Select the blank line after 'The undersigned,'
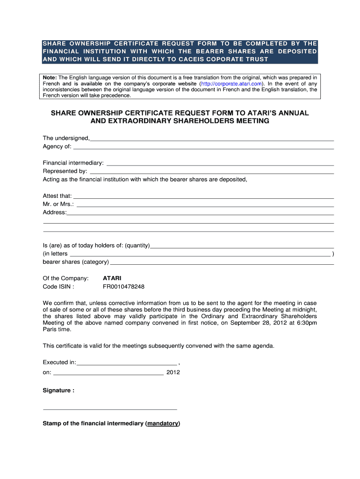[x=212, y=139]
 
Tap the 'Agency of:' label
[x=57, y=146]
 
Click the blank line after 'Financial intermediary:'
[x=220, y=164]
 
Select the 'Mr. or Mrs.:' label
[x=58, y=204]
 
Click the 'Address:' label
[x=55, y=212]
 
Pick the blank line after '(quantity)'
[x=242, y=247]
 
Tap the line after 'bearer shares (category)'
[x=222, y=263]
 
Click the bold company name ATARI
[x=112, y=278]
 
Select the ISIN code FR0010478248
[x=123, y=287]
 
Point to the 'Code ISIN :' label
[x=58, y=287]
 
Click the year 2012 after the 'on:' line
[x=173, y=373]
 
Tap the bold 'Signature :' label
[x=58, y=391]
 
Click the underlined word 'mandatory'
[x=162, y=423]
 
